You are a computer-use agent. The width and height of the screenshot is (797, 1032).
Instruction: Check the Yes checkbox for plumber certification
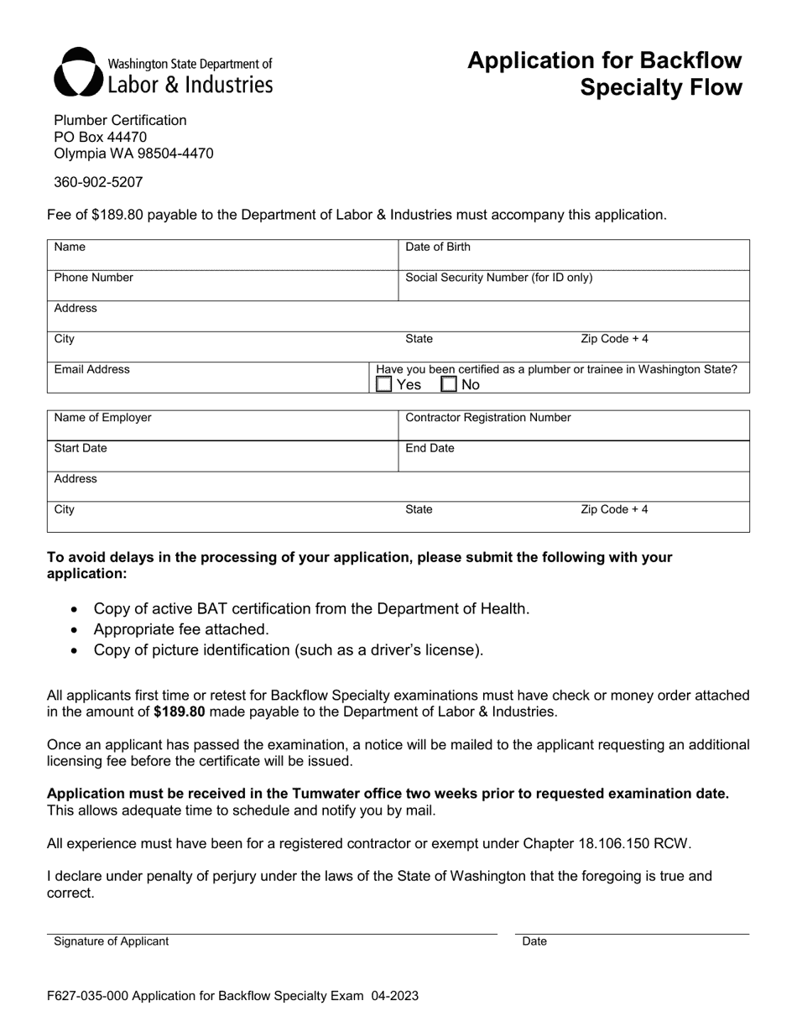tap(384, 384)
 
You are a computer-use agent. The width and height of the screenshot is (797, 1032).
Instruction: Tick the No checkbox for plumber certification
tap(450, 384)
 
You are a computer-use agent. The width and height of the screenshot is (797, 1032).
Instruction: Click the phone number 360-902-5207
tap(98, 181)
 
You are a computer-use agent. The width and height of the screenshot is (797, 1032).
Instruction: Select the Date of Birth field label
tap(438, 247)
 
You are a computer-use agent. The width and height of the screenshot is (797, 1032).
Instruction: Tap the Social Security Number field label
tap(498, 278)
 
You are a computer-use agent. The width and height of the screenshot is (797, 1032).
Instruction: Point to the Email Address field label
tap(91, 369)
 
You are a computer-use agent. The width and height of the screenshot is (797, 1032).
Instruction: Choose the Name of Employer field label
tap(102, 417)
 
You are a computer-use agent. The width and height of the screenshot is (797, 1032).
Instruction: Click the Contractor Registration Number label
tap(487, 417)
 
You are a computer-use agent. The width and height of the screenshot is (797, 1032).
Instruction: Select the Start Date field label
tap(81, 448)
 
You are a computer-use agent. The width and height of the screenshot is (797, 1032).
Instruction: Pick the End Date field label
tap(430, 448)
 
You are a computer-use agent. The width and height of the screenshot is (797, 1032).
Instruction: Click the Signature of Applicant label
tap(111, 941)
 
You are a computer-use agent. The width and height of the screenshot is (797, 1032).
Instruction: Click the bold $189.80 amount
tap(180, 711)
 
